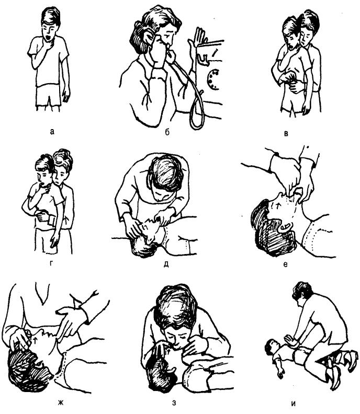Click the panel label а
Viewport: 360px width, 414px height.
coord(52,132)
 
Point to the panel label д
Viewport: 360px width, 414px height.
coord(166,264)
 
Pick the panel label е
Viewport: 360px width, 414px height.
coord(285,264)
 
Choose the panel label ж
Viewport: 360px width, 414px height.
coord(61,403)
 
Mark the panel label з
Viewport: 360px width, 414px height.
coord(174,403)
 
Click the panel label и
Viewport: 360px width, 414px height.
coord(294,403)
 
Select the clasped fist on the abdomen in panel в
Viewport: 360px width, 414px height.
coord(289,79)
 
